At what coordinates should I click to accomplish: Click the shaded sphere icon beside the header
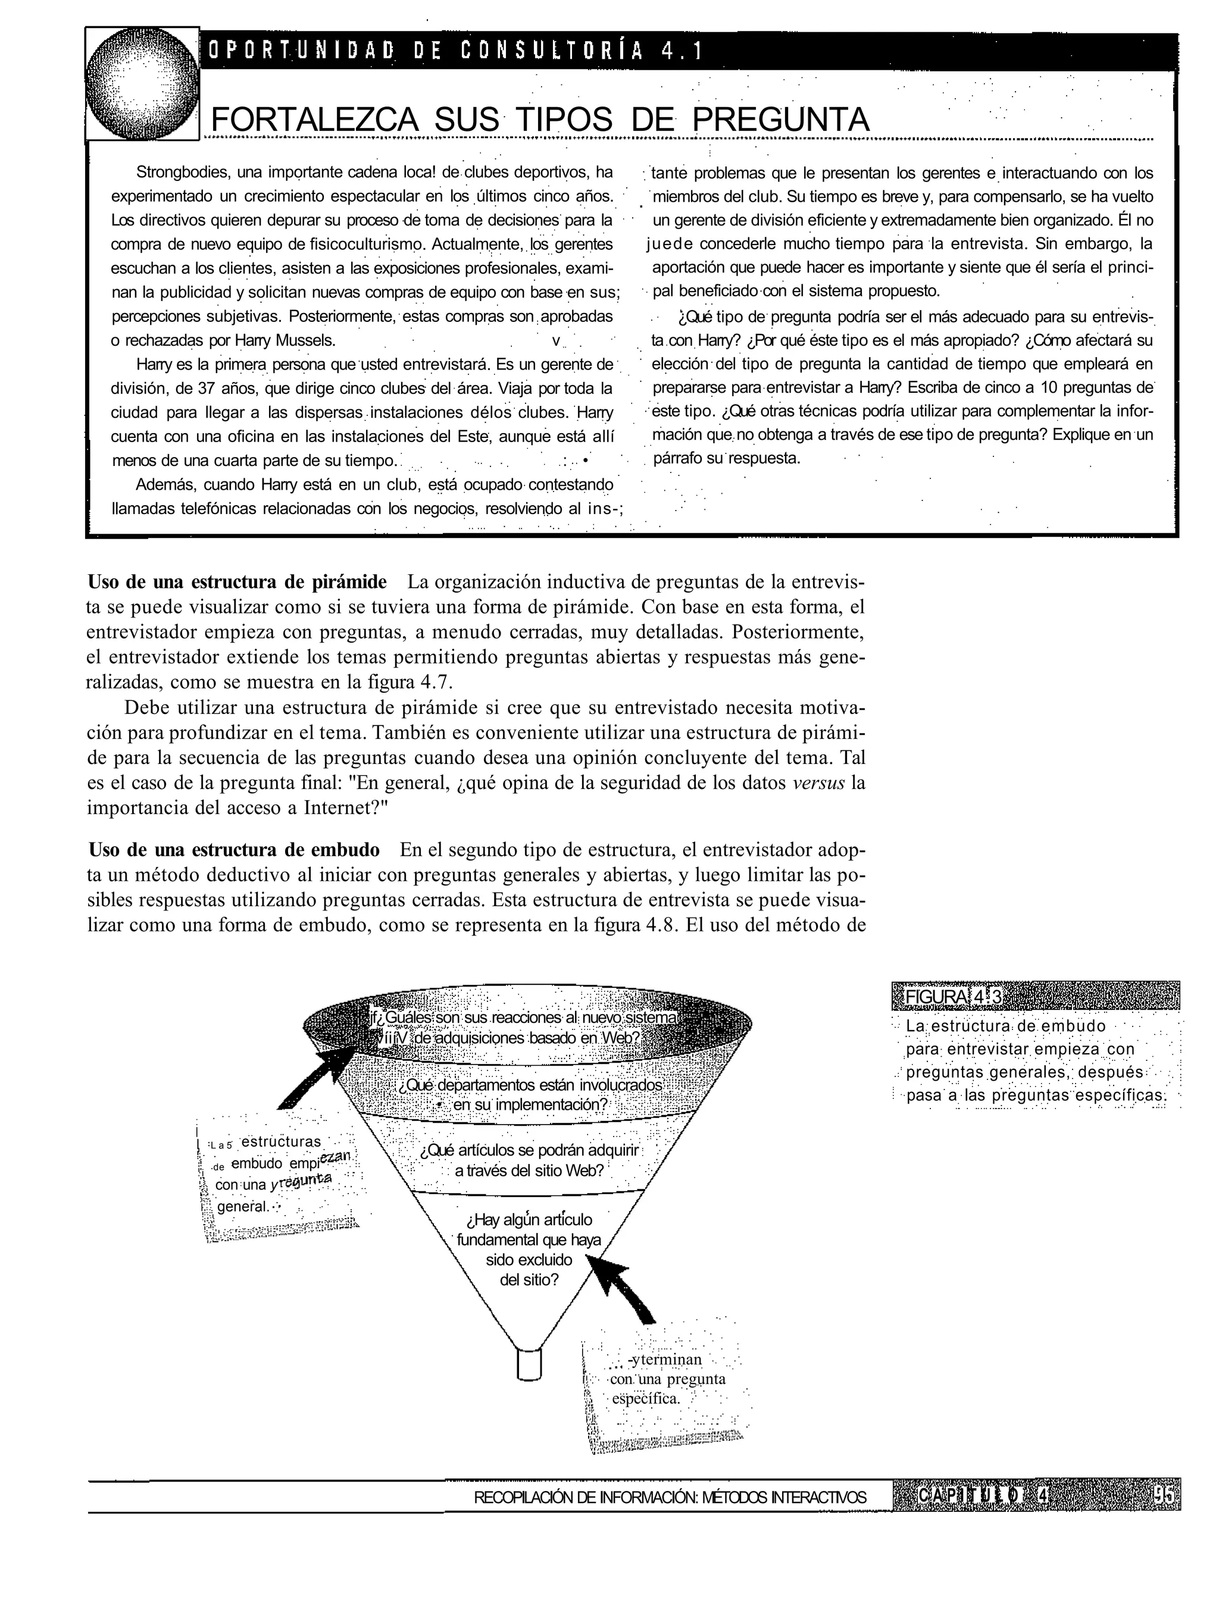click(x=142, y=83)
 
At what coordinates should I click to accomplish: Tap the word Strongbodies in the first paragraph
click(x=182, y=173)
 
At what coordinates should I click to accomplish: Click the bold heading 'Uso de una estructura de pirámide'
click(x=237, y=583)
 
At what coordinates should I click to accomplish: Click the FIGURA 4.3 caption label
click(x=948, y=997)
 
